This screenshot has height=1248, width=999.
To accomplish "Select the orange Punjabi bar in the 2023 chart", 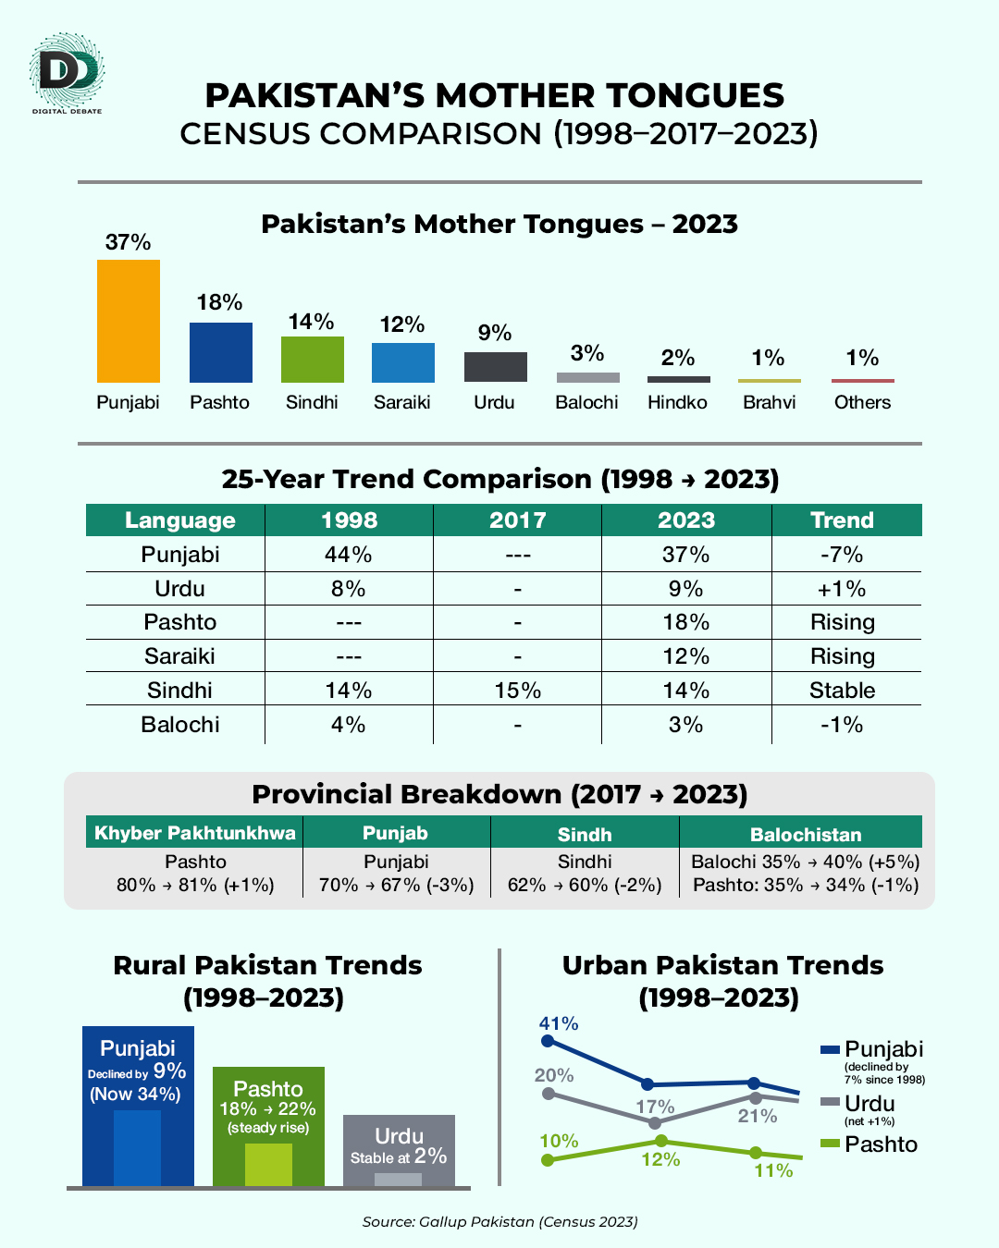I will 129,321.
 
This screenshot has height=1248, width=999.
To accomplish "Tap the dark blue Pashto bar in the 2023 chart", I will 221,352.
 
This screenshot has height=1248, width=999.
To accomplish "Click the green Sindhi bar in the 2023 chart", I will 313,360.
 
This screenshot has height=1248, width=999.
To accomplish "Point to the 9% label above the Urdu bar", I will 495,333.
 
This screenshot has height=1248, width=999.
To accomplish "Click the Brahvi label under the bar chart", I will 770,402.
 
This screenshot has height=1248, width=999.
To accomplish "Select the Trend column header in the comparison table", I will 842,520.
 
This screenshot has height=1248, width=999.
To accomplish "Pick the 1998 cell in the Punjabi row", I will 349,555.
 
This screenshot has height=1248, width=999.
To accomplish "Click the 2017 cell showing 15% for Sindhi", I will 517,691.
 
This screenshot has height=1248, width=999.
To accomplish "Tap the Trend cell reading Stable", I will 842,691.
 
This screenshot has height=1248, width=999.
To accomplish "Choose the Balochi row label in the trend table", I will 180,725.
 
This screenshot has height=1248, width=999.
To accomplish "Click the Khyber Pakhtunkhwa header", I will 195,833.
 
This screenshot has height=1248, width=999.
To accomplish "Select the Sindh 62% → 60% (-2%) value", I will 585,885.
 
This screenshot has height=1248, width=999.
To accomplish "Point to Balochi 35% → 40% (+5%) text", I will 806,862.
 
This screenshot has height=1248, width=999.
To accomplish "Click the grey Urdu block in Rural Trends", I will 399,1150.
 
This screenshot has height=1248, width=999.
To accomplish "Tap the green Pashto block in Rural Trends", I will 268,1125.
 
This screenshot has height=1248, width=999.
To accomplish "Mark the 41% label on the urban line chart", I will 559,1023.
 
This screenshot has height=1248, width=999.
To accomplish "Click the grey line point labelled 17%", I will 655,1122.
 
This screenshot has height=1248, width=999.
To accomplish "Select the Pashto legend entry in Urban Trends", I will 869,1144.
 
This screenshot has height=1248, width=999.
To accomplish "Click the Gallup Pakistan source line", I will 499,1221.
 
